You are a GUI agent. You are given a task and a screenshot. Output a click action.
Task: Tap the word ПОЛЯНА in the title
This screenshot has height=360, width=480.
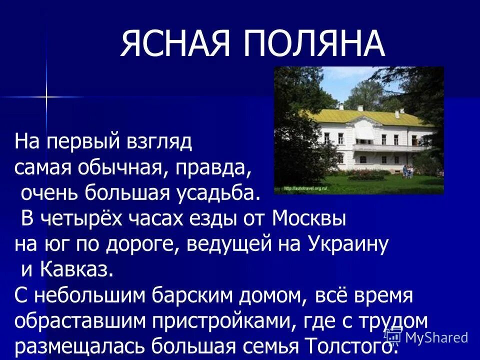click(x=314, y=44)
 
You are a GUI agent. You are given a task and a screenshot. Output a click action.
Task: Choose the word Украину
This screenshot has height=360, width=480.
click(x=348, y=244)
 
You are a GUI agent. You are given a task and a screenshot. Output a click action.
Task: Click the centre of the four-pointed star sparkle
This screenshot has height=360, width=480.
click(x=46, y=96)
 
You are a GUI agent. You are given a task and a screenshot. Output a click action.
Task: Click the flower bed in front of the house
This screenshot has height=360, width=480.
click(x=367, y=175)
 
